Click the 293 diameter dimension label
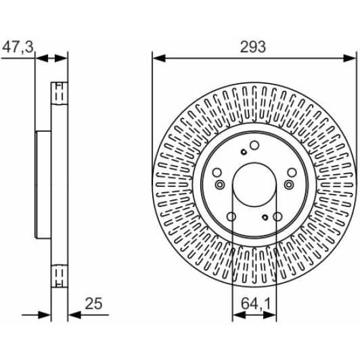click(252, 47)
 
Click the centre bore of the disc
click(254, 184)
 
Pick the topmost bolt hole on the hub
click(254, 145)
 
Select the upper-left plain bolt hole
click(217, 173)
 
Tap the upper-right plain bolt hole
click(291, 173)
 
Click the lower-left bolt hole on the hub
click(231, 217)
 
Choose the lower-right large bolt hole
click(277, 217)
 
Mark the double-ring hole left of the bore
click(218, 185)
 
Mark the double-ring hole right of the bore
click(290, 185)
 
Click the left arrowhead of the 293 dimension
click(156, 58)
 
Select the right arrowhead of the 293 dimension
click(351, 58)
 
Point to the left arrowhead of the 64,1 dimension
click(235, 315)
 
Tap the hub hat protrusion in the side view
click(43, 183)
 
